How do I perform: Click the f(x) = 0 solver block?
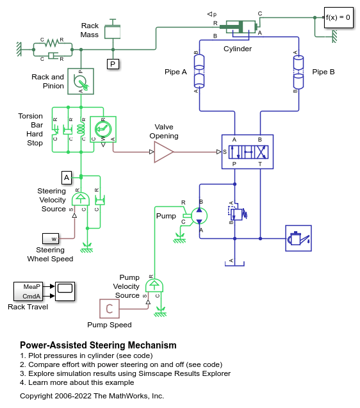[338, 17]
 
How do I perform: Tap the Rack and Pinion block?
[81, 81]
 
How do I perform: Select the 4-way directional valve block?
[247, 152]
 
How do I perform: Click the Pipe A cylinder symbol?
[199, 71]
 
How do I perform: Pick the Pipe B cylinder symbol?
[299, 72]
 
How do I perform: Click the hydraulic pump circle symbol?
[199, 216]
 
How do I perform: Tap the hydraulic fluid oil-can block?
[299, 238]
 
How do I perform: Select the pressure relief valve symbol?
[238, 213]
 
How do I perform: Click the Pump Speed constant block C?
[110, 309]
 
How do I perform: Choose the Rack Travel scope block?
[65, 291]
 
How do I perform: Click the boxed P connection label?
[113, 64]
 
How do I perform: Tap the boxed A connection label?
[67, 177]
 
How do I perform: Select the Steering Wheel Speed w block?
[51, 238]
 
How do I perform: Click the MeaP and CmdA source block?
[28, 291]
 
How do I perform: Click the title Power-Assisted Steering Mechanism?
[98, 345]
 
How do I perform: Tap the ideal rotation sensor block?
[103, 129]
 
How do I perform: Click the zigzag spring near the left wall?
[53, 43]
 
